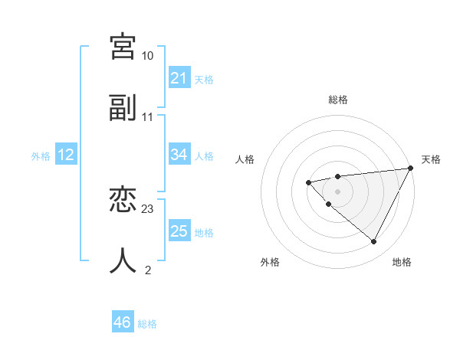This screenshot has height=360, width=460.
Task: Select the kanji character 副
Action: coord(123,108)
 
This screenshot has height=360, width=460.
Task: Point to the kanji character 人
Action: coord(123,261)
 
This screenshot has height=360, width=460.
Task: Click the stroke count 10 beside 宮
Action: coord(147,56)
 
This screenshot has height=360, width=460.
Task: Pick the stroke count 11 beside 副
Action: coord(148,117)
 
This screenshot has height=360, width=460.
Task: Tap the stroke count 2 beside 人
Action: coord(148,270)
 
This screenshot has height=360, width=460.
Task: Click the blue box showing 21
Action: coord(179,78)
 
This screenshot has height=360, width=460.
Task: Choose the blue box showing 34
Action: coord(179,155)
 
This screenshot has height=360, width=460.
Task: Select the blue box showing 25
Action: coord(179,231)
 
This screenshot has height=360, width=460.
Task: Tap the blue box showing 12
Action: coord(66,155)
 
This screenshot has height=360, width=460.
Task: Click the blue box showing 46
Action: coord(122,323)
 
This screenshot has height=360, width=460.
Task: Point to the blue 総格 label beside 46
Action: coord(147,324)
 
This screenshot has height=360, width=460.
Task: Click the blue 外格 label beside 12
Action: coord(41,156)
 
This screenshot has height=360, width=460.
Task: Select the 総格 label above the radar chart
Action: coord(338,100)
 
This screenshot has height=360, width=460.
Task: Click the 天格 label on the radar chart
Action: coord(431,159)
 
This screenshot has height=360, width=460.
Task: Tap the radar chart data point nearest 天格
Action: coord(412,168)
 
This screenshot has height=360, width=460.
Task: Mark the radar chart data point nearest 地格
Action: coord(373,242)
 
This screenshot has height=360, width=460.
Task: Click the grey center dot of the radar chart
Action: coord(338,191)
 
